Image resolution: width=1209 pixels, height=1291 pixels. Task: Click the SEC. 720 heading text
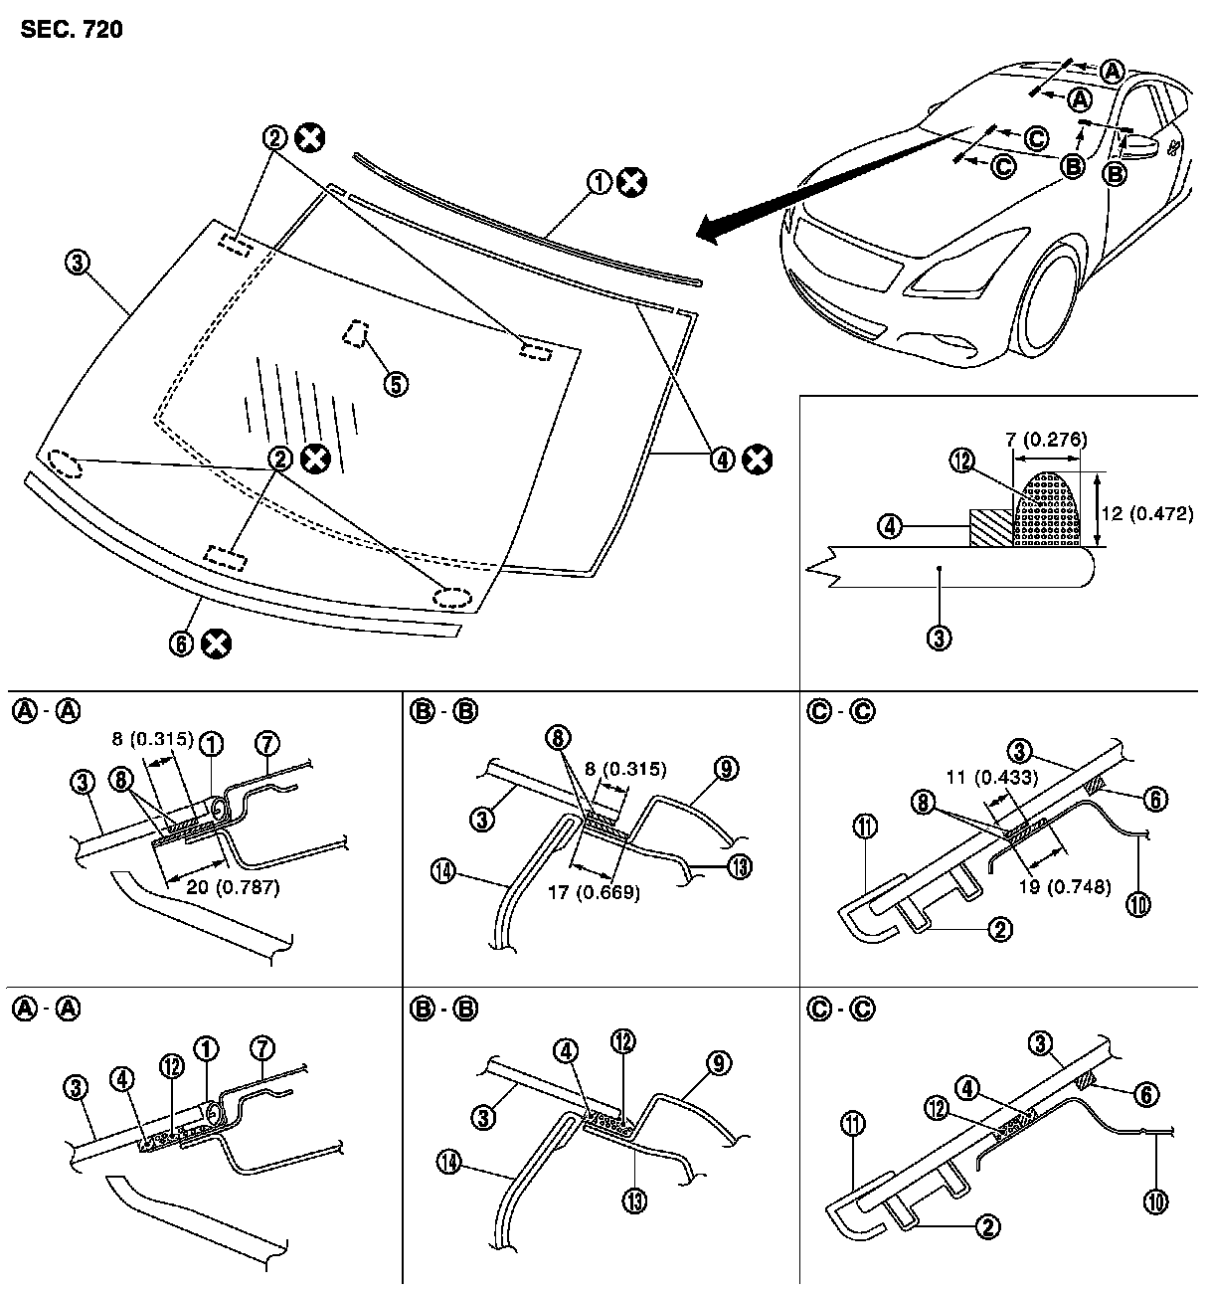pos(71,30)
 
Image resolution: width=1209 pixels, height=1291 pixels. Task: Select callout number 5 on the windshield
pos(396,383)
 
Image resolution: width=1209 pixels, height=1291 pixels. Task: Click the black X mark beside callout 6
pos(215,644)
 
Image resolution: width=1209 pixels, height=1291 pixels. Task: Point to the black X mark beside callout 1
pos(630,183)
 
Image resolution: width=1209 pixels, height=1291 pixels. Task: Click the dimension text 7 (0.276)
pos(1044,439)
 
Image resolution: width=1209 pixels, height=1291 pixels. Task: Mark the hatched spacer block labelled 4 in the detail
pos(991,527)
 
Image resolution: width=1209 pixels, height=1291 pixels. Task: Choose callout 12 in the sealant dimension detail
pos(960,461)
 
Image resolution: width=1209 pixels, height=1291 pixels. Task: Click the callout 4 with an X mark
pos(721,459)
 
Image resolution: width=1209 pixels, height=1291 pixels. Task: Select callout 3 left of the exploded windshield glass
pos(78,264)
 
